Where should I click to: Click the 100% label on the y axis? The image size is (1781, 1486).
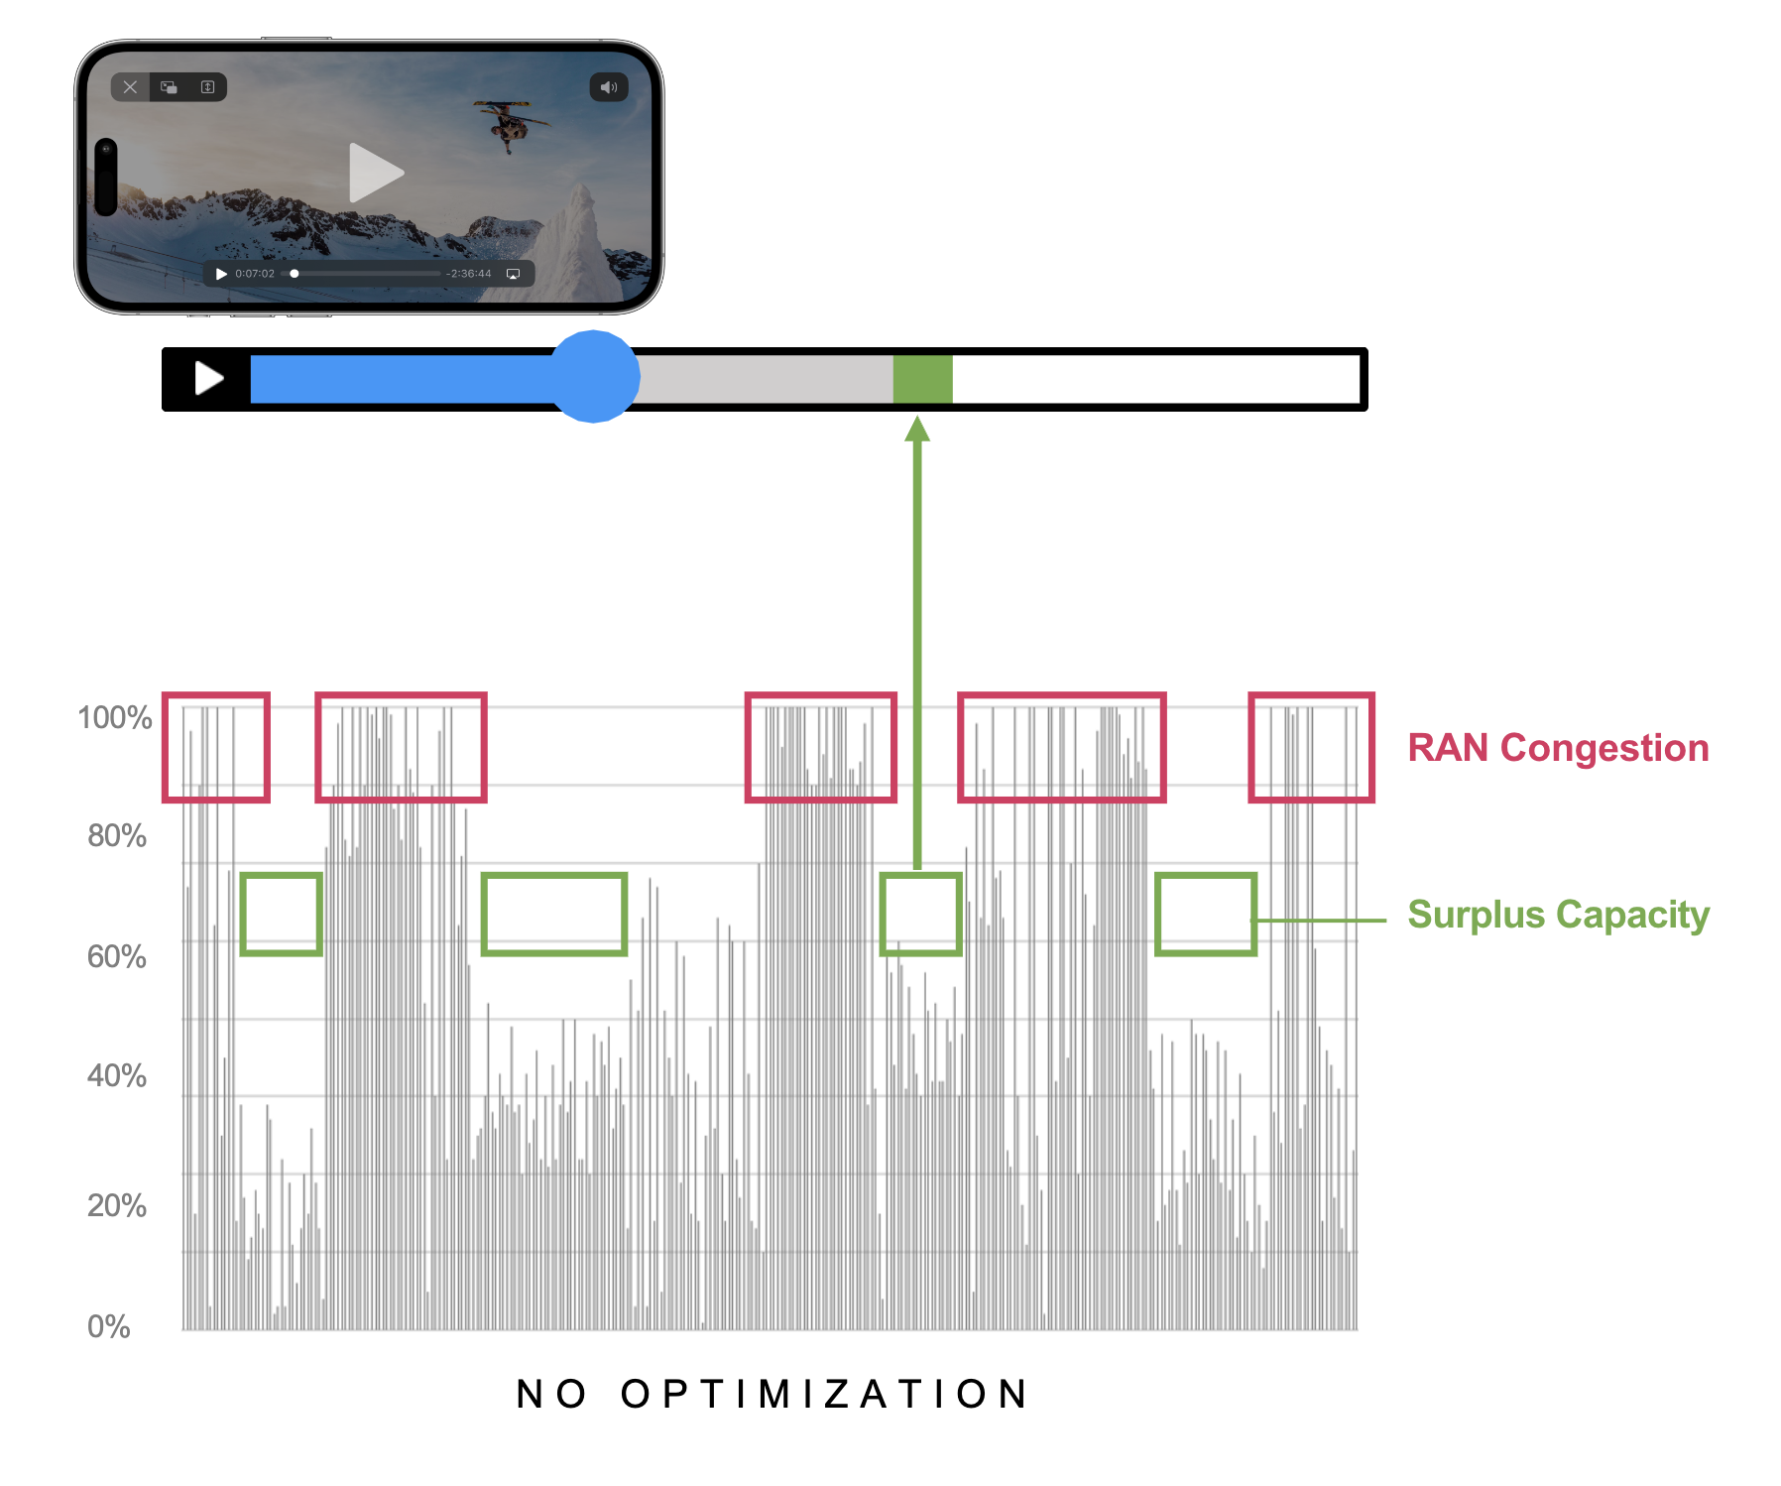115,717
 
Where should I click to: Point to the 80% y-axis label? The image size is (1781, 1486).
117,836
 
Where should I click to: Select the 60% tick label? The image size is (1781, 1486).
117,957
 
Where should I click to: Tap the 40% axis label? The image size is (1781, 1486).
117,1076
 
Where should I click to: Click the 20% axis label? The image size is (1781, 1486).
117,1206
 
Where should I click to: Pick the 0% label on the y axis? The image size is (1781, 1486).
109,1327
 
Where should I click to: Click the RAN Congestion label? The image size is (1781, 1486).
1558,748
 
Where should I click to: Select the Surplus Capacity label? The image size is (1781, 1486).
1558,915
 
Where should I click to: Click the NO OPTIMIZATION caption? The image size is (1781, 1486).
773,1394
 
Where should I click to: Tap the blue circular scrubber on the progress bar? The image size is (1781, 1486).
594,377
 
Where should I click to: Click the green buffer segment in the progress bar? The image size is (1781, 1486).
922,379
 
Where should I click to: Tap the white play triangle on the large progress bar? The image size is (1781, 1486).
208,378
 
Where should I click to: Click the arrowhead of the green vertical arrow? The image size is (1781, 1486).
917,429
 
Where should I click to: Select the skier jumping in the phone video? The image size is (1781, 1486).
511,124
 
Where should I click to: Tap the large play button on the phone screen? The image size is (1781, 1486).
376,174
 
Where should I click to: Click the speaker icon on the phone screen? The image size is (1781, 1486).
609,87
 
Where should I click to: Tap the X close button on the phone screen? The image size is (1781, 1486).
130,87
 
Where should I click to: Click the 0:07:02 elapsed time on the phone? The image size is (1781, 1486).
255,274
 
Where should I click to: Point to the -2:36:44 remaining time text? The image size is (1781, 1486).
468,274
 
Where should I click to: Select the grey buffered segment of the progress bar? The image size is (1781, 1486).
764,379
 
